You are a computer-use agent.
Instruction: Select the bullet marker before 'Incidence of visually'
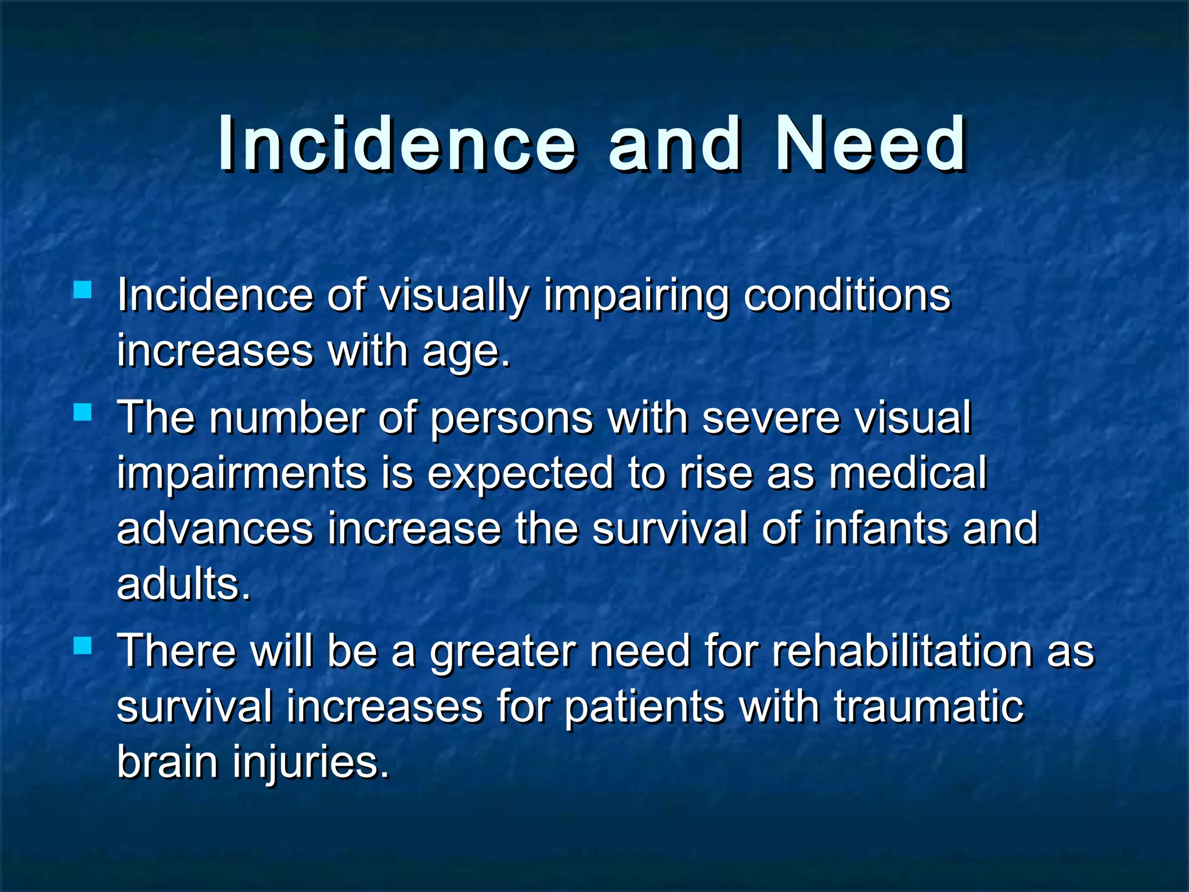tap(83, 289)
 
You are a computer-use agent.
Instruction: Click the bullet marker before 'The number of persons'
tap(83, 412)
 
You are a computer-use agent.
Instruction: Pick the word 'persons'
tap(511, 418)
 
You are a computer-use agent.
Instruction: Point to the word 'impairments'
tap(242, 474)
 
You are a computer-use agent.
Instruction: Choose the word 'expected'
tap(520, 474)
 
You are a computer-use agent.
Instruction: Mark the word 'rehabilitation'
tap(902, 650)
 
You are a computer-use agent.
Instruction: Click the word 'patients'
tap(644, 707)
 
